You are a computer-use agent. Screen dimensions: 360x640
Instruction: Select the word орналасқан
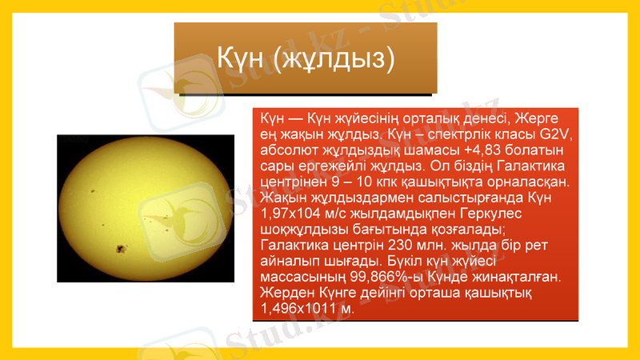[529, 182]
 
